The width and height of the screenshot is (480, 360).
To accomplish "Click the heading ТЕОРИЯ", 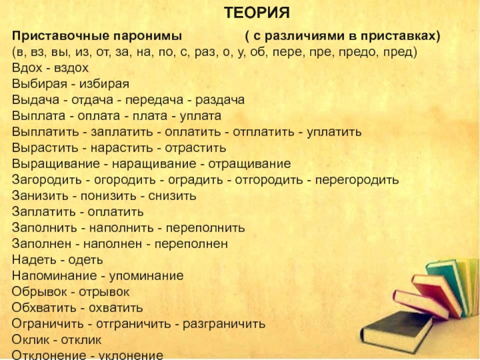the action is (x=257, y=13).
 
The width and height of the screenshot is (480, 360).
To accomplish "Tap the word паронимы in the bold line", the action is (x=148, y=36).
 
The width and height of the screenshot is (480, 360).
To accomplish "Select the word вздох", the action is (x=71, y=68).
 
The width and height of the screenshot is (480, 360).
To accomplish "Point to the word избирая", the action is (x=104, y=84).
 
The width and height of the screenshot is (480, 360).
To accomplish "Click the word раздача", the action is (x=220, y=100).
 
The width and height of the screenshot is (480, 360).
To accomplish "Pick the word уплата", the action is (x=200, y=116).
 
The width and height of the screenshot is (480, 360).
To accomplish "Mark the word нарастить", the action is (x=122, y=148).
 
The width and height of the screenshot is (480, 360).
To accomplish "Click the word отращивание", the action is (x=250, y=164).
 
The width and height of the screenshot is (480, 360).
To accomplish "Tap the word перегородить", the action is (x=357, y=179).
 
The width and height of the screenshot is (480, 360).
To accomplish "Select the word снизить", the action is (x=172, y=196).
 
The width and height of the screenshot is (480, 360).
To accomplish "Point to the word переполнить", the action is (x=205, y=228).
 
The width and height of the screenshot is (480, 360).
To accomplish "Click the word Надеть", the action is (x=34, y=260).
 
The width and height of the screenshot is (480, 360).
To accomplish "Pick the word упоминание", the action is (x=146, y=276).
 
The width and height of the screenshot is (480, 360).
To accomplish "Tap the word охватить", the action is (x=116, y=308).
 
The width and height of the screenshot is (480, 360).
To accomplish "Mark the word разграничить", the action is (x=224, y=324).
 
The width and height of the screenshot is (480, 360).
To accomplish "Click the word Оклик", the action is (x=31, y=340).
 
